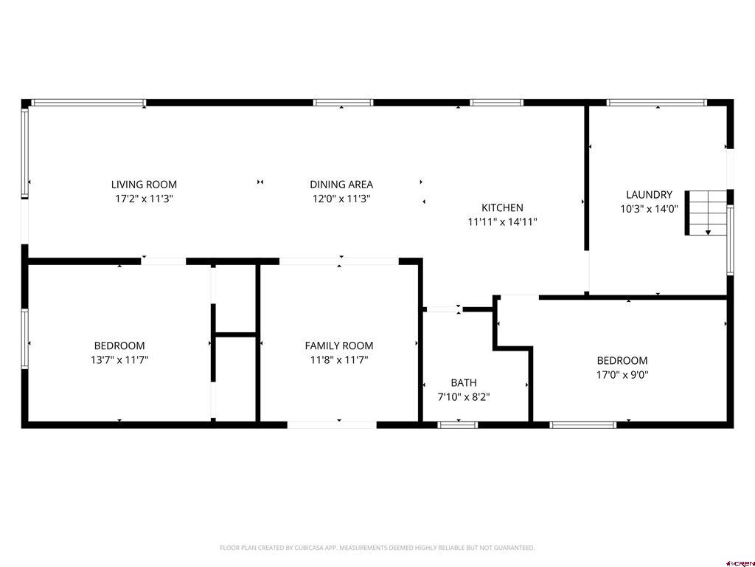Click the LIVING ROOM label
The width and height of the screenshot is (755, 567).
tap(144, 184)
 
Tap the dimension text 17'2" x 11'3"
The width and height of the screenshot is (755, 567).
tap(144, 199)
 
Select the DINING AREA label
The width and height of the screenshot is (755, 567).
tap(341, 184)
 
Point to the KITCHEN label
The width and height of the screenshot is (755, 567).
tap(502, 207)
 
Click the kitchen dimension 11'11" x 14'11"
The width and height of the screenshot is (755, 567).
tap(502, 221)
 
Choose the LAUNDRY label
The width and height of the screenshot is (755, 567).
tap(649, 195)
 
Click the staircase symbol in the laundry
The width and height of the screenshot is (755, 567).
tap(706, 213)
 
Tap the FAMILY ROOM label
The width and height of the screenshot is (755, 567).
tap(339, 346)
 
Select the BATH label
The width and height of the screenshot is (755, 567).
tap(464, 383)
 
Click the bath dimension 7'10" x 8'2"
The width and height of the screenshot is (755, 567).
tap(464, 396)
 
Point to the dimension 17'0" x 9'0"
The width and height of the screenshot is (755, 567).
tap(622, 374)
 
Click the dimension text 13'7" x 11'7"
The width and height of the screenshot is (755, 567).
tap(119, 360)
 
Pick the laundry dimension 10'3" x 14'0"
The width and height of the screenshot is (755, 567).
tap(649, 209)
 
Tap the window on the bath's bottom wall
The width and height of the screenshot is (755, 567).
tap(458, 425)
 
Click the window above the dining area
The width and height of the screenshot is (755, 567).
tap(344, 102)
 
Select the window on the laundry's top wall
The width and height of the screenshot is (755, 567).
tap(656, 102)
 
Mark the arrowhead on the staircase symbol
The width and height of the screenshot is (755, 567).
tap(708, 233)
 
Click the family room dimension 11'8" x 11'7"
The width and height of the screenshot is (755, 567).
tap(339, 360)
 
